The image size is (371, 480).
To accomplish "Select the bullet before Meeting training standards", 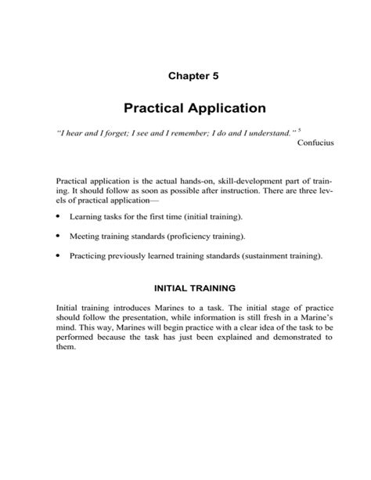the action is (x=59, y=235).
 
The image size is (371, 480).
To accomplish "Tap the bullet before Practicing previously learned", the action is (x=59, y=255).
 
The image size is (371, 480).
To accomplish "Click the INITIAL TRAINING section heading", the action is (x=185, y=288).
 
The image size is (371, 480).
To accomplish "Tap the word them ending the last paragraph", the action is (x=67, y=348).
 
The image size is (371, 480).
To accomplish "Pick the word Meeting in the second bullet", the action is (x=85, y=235).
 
